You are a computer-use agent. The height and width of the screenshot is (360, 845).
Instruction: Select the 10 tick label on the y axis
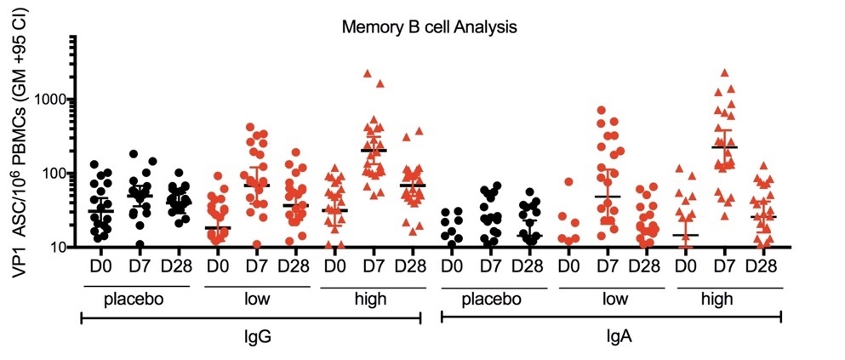[58, 248]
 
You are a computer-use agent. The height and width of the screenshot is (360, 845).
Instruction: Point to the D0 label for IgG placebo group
[100, 265]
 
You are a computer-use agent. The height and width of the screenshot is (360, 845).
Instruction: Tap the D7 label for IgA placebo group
[490, 265]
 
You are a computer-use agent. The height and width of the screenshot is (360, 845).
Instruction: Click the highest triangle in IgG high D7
[368, 74]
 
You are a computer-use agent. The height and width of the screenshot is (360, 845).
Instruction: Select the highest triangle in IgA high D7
[725, 73]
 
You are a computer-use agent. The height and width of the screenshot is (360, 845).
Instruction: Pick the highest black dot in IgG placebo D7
[134, 154]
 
